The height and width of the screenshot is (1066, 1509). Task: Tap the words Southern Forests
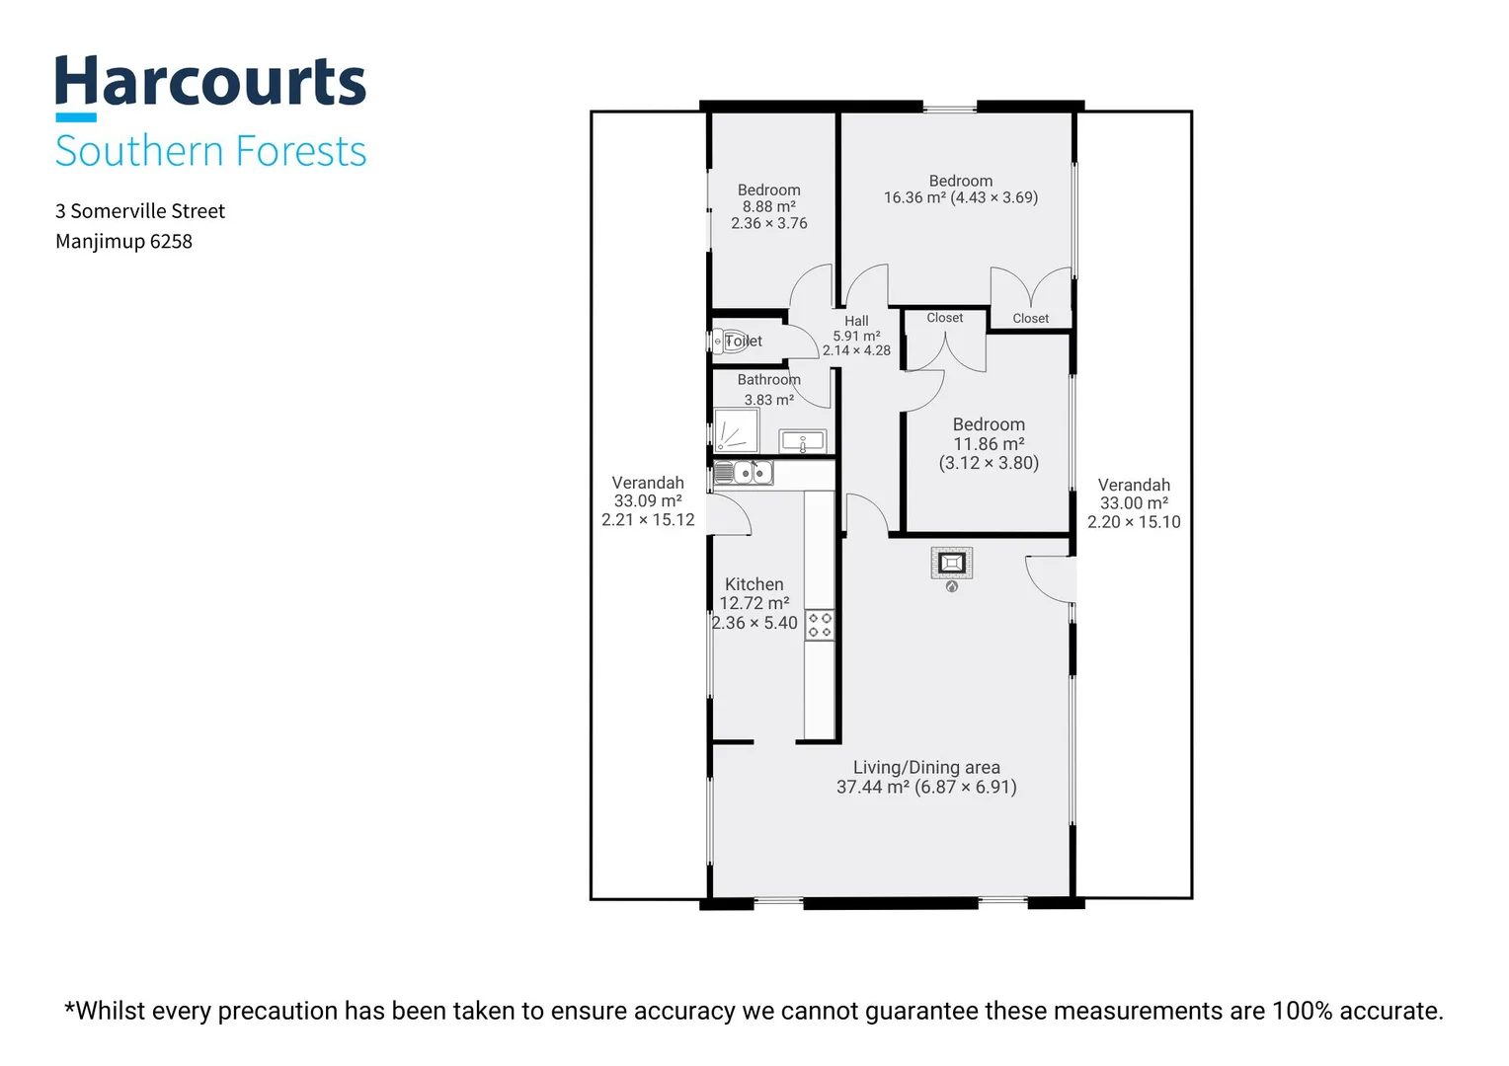click(x=211, y=150)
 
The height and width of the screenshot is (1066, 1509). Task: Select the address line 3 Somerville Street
click(x=140, y=211)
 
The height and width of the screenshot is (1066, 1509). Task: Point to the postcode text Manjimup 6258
click(x=124, y=241)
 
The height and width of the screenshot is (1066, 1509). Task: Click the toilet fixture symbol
click(x=730, y=342)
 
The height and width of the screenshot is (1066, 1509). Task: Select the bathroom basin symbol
click(x=802, y=442)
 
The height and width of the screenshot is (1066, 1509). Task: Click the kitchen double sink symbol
click(x=743, y=473)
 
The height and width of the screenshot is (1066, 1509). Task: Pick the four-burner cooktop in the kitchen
click(x=820, y=625)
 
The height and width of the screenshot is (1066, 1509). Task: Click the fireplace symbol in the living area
click(x=951, y=563)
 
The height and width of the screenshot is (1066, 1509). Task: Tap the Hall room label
click(x=856, y=321)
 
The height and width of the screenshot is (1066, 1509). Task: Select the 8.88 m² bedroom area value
click(x=768, y=206)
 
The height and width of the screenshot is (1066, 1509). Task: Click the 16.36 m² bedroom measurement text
click(x=961, y=197)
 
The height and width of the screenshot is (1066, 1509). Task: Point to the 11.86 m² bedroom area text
click(x=989, y=444)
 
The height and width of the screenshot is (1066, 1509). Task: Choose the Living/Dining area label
click(x=926, y=767)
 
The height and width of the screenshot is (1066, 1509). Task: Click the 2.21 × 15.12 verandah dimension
click(x=648, y=520)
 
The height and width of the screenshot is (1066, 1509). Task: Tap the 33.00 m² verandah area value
click(x=1134, y=503)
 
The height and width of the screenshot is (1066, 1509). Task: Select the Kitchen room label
click(x=754, y=584)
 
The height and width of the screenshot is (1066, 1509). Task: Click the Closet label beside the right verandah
click(x=1030, y=319)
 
